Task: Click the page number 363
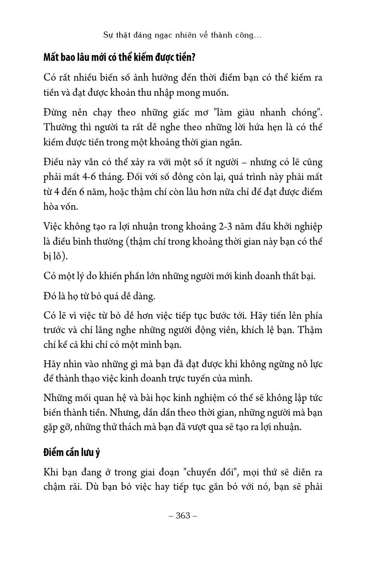coord(183,515)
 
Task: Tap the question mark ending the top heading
coord(194,57)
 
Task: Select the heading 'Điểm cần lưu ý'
coord(72,452)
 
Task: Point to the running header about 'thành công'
coord(182,35)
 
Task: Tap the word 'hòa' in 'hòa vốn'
coord(52,206)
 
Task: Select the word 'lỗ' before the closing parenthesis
coord(59,256)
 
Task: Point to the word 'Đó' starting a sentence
coord(50,296)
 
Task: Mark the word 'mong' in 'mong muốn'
coord(189,93)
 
